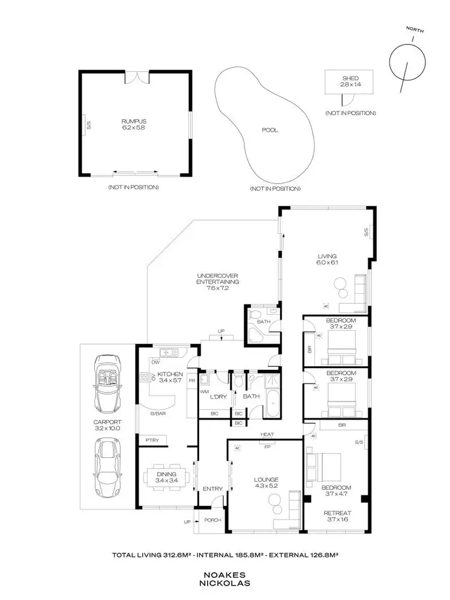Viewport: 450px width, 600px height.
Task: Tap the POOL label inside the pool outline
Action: (270, 130)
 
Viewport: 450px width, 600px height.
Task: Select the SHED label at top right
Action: (350, 78)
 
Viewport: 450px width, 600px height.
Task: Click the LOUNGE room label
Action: (266, 480)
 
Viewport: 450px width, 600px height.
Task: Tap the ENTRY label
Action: (212, 489)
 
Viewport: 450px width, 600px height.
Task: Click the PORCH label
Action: (213, 520)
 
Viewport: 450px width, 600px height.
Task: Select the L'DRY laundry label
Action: (217, 396)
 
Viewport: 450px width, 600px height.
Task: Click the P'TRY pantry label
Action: (151, 441)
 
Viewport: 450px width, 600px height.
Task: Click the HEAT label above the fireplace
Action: (267, 435)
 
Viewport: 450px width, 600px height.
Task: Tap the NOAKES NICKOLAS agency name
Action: (224, 578)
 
